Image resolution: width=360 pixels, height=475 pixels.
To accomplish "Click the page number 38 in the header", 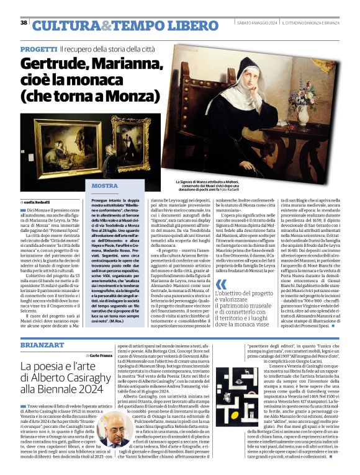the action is coord(24,23).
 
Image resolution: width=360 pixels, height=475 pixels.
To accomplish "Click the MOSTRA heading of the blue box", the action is coord(104,185).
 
